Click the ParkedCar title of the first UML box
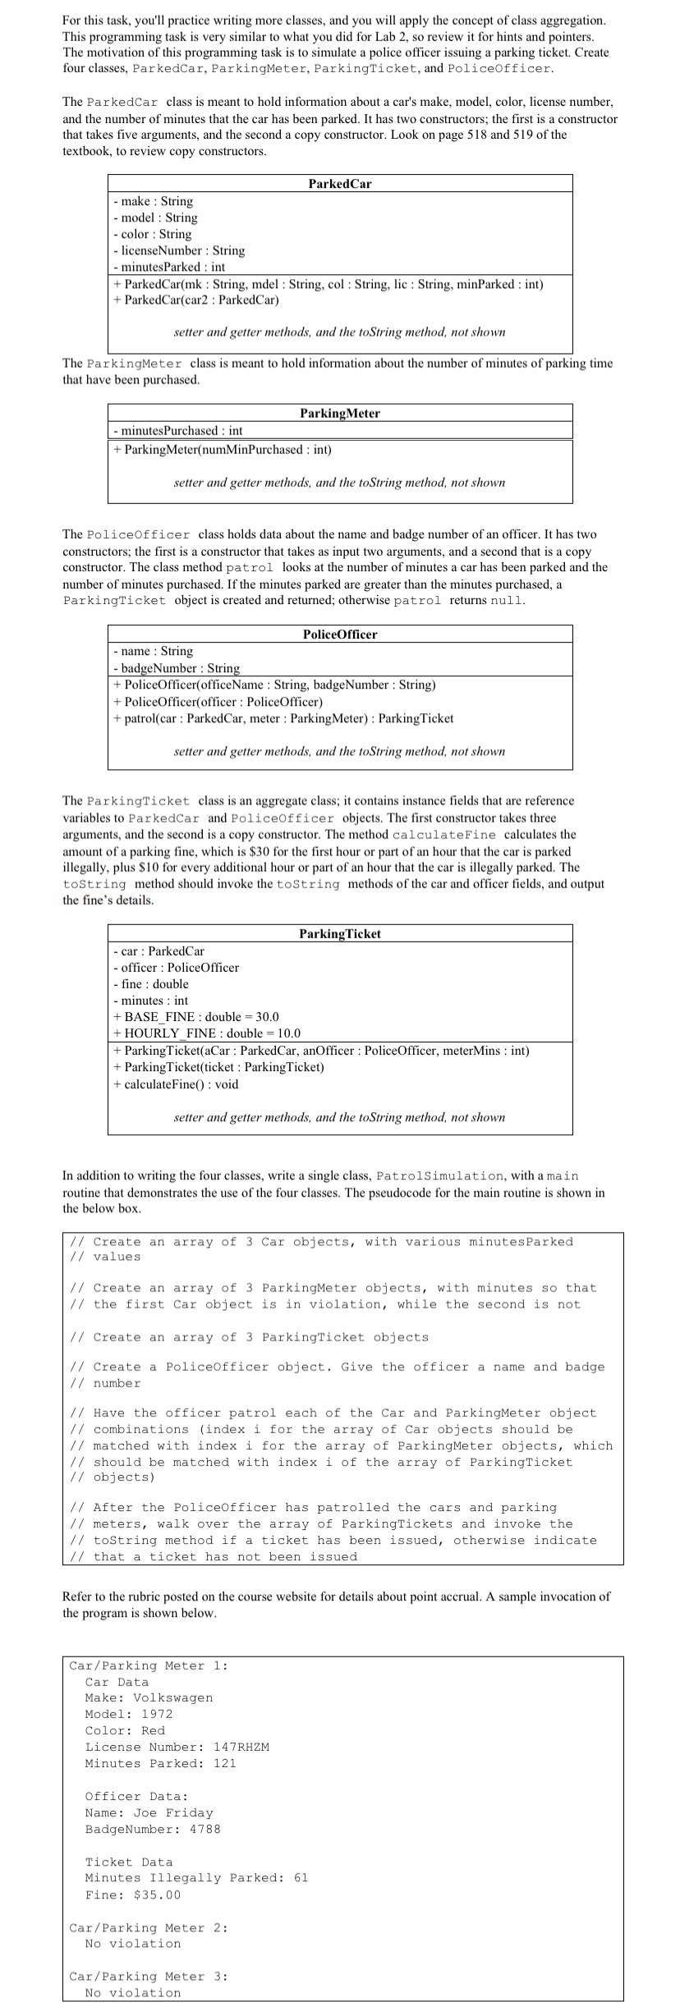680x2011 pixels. pos(340,183)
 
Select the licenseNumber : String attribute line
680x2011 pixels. pos(179,250)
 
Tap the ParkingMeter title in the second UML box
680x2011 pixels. pos(340,413)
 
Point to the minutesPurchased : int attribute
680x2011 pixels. pos(178,430)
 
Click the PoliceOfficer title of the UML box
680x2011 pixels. pos(340,634)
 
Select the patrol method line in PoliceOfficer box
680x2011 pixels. pos(283,718)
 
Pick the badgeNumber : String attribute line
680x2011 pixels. pos(177,668)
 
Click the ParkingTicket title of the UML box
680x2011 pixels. pos(340,934)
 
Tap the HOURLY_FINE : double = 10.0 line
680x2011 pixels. pos(207,1033)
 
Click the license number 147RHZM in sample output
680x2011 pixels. pos(241,1747)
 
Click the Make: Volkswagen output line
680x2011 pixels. pos(149,1697)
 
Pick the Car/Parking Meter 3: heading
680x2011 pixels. pos(148,1977)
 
